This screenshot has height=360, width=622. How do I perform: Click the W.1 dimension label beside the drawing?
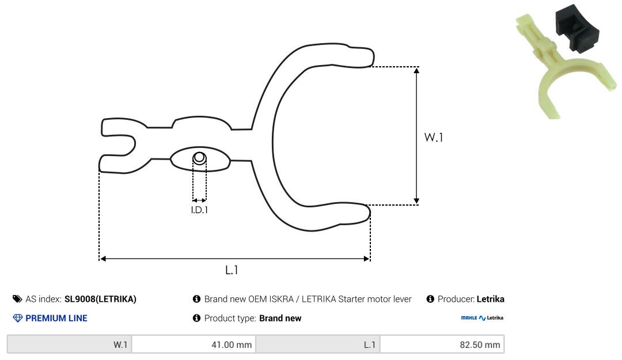433,137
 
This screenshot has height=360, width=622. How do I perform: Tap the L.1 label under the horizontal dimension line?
232,270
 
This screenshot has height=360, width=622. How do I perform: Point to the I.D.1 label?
199,210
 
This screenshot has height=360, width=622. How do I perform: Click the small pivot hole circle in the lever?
199,158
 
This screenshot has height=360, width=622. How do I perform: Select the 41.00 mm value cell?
194,344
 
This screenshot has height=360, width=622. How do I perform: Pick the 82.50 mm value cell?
442,344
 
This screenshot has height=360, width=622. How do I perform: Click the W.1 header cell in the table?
70,344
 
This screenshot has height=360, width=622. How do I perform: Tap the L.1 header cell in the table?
318,344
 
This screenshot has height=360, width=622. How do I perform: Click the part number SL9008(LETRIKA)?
100,299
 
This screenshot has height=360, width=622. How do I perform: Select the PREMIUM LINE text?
56,318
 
